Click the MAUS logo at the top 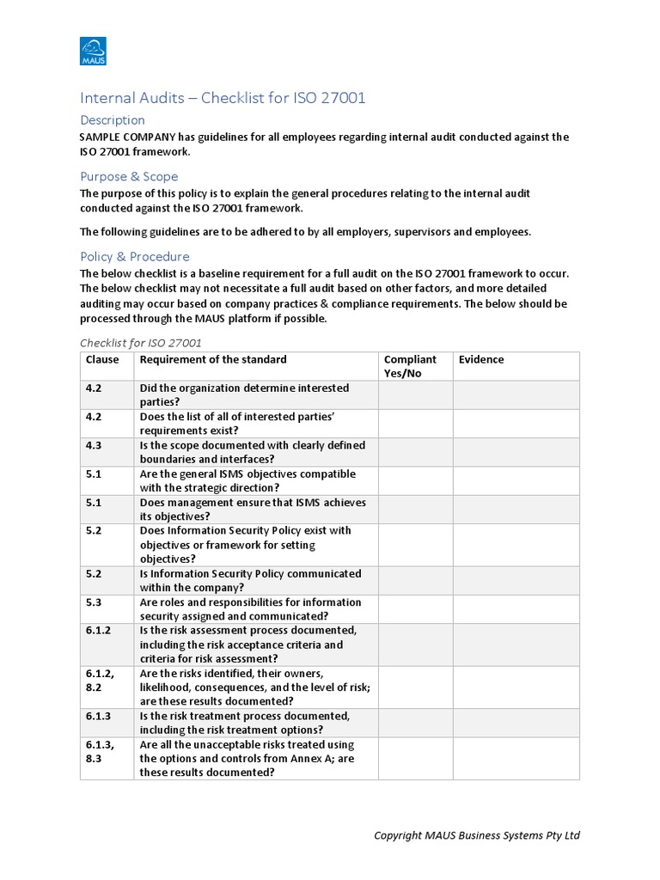[92, 51]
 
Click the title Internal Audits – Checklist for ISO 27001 [223, 98]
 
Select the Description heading [112, 120]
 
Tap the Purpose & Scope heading [129, 176]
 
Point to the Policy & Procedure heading [134, 256]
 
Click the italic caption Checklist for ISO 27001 [141, 343]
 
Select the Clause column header [102, 359]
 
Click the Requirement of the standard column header [213, 359]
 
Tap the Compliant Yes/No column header [410, 366]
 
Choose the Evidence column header [481, 359]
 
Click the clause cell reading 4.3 [94, 445]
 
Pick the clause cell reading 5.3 [94, 602]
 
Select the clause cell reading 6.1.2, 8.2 [100, 680]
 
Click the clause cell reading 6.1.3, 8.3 [100, 751]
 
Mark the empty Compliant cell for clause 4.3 [415, 452]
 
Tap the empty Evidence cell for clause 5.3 [516, 609]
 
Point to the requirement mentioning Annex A [247, 758]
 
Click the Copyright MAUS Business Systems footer [477, 835]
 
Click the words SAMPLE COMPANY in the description [128, 137]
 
